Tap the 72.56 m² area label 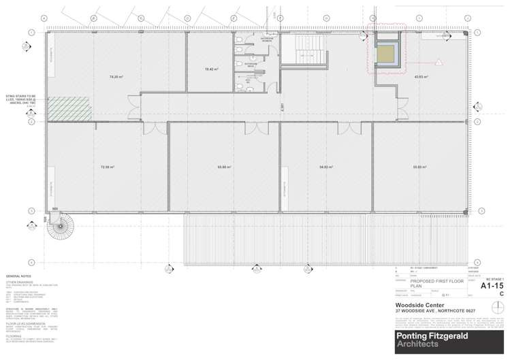107,167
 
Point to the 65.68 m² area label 223,167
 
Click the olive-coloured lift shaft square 388,54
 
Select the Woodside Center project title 416,306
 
